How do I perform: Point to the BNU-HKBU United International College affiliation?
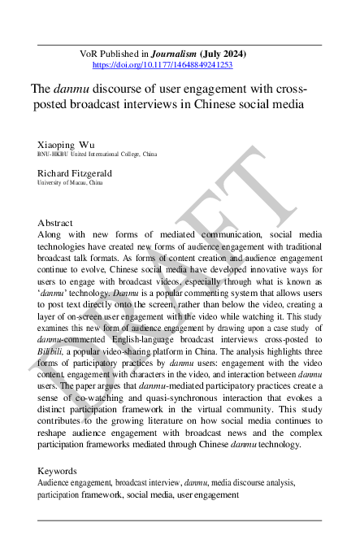click(97, 154)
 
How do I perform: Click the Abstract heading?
click(55, 222)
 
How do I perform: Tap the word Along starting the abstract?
click(51, 233)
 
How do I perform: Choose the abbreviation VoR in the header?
click(89, 54)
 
